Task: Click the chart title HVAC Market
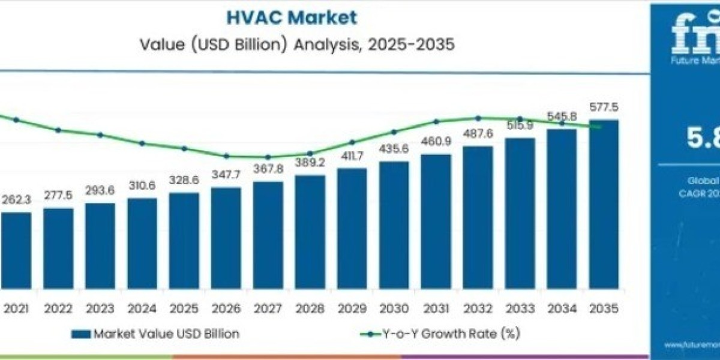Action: point(292,17)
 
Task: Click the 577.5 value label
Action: point(604,108)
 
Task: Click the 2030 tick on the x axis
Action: point(394,310)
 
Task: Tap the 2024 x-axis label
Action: point(142,310)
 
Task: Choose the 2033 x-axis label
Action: point(520,310)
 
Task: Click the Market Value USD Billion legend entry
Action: point(155,334)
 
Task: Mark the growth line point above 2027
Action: point(268,157)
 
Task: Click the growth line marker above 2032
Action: point(478,118)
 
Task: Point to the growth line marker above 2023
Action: point(100,135)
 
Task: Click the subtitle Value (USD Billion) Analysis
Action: point(292,45)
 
